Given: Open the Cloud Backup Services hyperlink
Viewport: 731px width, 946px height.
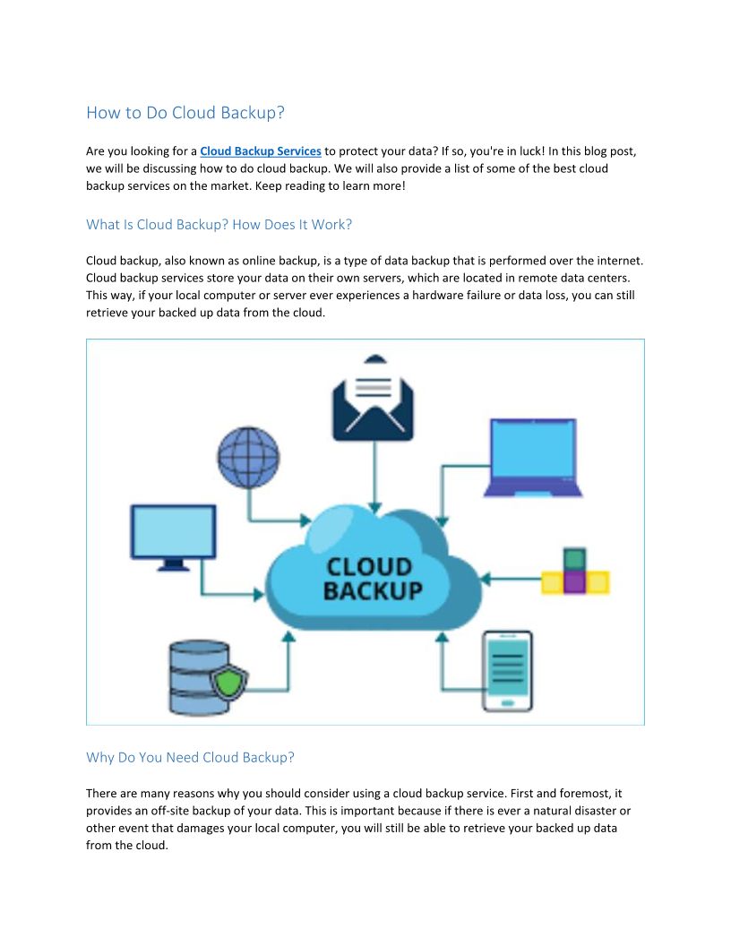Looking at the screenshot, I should (260, 151).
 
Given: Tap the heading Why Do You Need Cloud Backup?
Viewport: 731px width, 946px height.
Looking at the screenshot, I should (190, 757).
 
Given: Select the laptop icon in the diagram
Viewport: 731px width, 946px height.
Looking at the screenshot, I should (533, 457).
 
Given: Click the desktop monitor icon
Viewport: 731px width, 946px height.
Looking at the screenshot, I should (173, 536).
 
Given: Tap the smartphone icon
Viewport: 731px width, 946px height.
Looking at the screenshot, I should (507, 670).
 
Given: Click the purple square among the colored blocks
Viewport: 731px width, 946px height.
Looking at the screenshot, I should (575, 582).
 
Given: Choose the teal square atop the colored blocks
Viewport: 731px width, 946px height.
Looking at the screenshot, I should (575, 559).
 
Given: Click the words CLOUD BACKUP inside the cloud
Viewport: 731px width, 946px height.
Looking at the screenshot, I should (372, 579).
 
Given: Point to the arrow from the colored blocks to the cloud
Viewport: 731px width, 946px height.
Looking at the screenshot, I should (511, 580).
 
